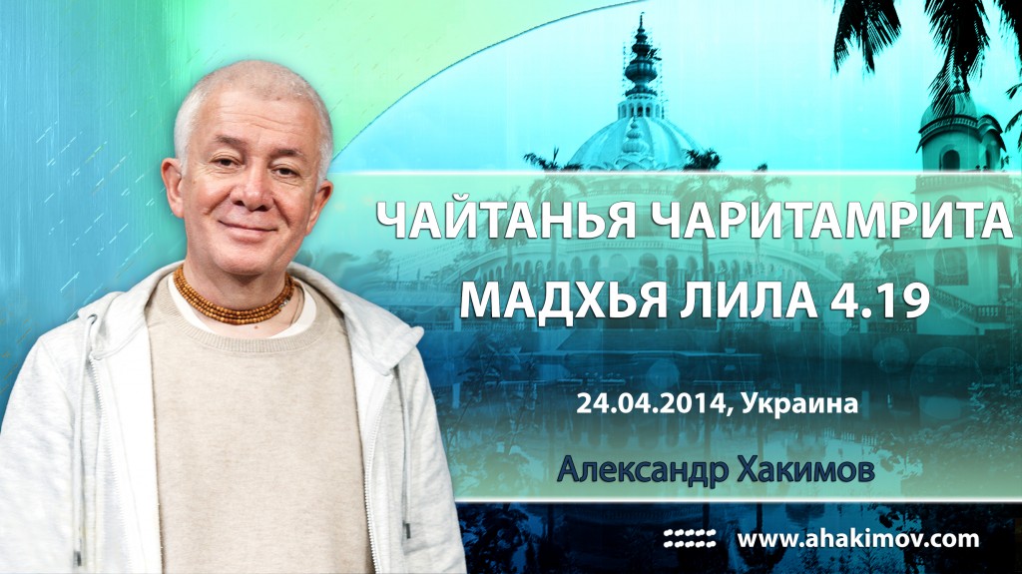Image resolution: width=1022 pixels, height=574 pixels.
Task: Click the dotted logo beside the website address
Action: tap(690, 539)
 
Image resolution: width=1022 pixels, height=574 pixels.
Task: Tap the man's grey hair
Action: tap(250, 90)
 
